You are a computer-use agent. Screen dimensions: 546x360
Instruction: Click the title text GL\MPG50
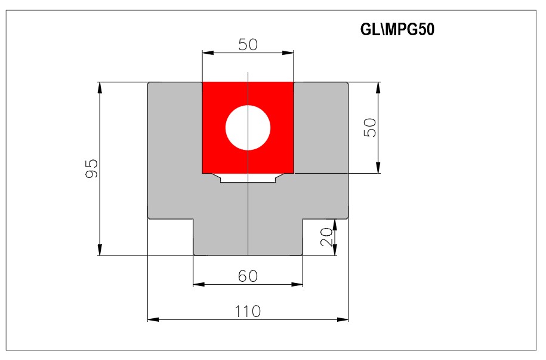[x=397, y=30]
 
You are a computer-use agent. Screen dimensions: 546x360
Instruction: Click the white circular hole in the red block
[x=248, y=128]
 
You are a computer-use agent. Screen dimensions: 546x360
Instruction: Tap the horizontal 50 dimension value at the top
[x=248, y=45]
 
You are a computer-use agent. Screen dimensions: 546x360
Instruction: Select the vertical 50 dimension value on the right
[x=370, y=128]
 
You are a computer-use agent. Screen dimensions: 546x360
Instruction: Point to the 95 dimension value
[x=92, y=169]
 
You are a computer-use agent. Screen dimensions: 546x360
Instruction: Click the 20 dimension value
[x=326, y=237]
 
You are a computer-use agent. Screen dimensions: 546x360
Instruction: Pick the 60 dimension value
[x=248, y=276]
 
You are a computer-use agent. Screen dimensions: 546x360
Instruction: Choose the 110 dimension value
[x=248, y=311]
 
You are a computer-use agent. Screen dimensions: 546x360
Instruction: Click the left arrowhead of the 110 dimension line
[x=153, y=319]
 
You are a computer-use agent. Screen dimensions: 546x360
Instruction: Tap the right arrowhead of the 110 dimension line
[x=343, y=319]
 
